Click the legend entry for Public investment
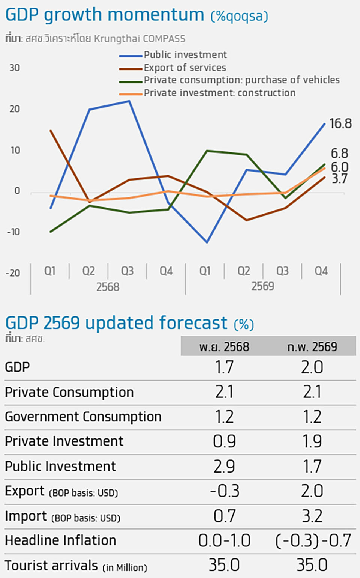tap(185, 55)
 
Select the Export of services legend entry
tap(185, 68)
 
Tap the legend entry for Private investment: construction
tap(220, 93)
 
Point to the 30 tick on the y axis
tap(15, 68)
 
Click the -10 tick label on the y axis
tap(13, 232)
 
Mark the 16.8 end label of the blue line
tap(340, 124)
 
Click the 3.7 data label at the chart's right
tap(339, 179)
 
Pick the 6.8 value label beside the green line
tap(339, 153)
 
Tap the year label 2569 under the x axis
tap(262, 286)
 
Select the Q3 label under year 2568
tap(127, 271)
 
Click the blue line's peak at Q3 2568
tap(129, 101)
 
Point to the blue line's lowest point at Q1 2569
tap(207, 242)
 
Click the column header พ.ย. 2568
tap(224, 347)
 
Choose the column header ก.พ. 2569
tap(312, 347)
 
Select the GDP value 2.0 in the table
tap(312, 367)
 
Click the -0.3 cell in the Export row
tap(224, 491)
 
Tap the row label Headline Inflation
tap(60, 540)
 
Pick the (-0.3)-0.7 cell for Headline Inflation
tap(313, 541)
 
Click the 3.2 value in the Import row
tap(312, 516)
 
